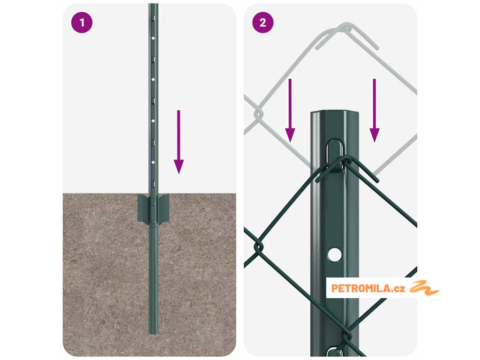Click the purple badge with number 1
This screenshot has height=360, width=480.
(x=82, y=22)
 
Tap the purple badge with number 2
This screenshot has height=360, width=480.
(x=263, y=22)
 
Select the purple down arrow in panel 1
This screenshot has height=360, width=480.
(x=179, y=142)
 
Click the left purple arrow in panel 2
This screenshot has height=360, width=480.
(x=290, y=111)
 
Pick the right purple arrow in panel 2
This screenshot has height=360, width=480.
(x=375, y=111)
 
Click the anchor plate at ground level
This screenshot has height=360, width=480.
(x=153, y=209)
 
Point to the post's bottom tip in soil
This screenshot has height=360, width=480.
(x=153, y=333)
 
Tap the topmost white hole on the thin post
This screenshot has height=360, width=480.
(x=153, y=39)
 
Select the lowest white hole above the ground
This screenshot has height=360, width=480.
(x=153, y=162)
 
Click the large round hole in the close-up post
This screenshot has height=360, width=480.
(x=335, y=255)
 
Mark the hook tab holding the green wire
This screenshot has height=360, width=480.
(x=335, y=156)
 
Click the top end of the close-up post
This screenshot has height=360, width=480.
(x=335, y=112)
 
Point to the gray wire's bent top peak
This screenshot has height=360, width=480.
(x=346, y=26)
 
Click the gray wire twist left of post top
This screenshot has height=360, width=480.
(x=258, y=114)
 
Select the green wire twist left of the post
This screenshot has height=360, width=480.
(x=259, y=247)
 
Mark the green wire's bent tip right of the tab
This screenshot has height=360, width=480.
(x=376, y=180)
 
